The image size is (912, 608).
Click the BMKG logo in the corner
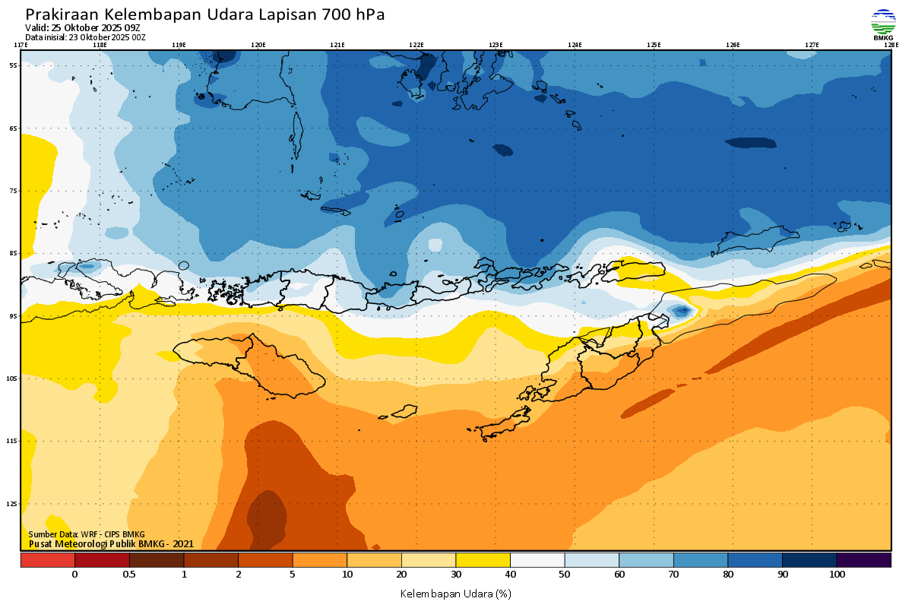882,24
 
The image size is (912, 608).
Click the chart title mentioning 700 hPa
205,14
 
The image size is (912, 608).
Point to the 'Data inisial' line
85,37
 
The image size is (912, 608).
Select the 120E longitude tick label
258,45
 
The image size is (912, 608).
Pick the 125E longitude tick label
654,45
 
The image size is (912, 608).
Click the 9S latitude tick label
14,315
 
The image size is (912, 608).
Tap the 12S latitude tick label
13,503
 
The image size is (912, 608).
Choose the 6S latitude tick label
14,128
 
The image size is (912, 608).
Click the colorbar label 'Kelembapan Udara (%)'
455,593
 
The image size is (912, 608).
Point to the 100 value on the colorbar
837,575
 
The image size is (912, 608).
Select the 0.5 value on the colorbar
129,575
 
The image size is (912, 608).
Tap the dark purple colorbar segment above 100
864,560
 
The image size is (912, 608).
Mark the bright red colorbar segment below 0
47,560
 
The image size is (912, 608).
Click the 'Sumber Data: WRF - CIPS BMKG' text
87,534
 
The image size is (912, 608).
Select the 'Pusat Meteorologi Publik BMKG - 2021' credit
111,543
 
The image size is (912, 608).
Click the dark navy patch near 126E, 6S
750,143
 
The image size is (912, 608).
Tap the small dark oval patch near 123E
502,150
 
